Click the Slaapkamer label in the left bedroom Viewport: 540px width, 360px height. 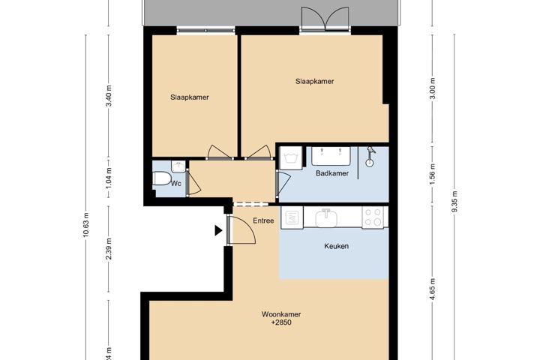coord(189,97)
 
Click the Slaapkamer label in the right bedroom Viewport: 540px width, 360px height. coord(314,82)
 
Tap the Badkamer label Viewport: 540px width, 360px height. coord(331,173)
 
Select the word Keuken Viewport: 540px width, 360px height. coord(336,246)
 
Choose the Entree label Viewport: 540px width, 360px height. coord(263,220)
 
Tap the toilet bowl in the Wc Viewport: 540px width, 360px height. coord(161,178)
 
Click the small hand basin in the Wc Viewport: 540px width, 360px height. coord(177,164)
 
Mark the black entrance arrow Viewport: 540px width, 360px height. coord(218,230)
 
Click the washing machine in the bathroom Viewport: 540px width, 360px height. coord(291,157)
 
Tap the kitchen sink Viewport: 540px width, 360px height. coord(327,218)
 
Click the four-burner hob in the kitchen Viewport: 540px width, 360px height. coord(373,217)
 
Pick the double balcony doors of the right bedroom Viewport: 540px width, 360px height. coord(325,19)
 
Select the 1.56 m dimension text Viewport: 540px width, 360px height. coord(432,175)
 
